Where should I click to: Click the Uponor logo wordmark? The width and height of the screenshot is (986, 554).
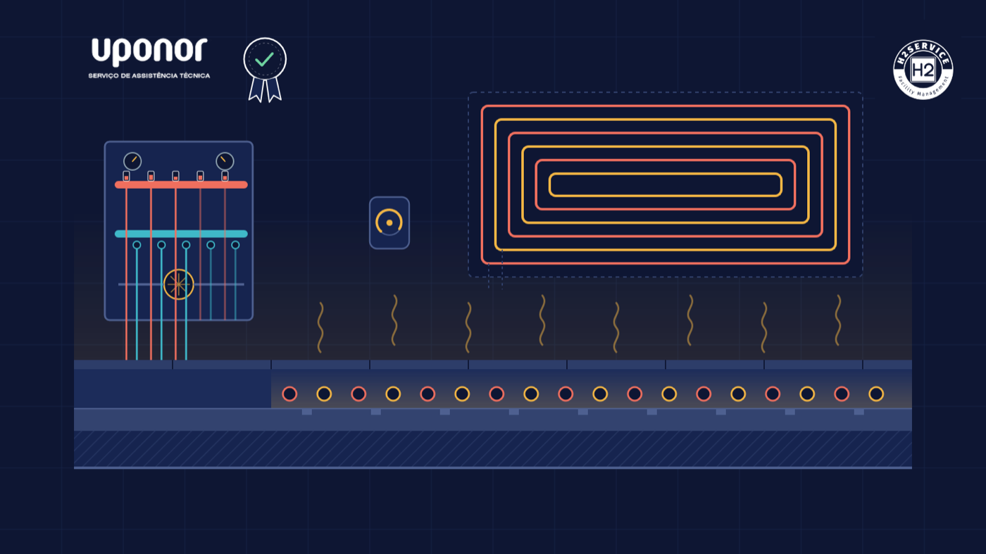point(149,51)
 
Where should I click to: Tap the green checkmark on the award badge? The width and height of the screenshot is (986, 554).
point(265,59)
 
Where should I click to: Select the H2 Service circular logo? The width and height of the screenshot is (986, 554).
point(923,70)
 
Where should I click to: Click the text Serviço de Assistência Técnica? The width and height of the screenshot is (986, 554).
point(149,76)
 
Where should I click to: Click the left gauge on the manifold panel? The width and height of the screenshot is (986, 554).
point(132,161)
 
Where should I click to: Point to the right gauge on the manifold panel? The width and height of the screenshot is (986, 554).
point(225,161)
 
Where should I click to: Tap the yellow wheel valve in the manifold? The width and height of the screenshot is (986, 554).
point(178,284)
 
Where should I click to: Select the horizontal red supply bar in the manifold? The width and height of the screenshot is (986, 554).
point(182,185)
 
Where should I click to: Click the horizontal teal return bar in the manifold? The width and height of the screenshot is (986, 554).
point(182,234)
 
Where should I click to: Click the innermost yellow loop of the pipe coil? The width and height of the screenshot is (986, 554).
point(665,175)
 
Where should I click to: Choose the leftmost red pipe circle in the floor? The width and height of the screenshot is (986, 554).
point(289,394)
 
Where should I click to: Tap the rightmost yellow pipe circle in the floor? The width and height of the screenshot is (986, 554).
point(876,394)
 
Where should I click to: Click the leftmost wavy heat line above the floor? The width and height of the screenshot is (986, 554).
point(320,327)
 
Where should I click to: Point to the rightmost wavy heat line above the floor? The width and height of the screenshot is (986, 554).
point(838,320)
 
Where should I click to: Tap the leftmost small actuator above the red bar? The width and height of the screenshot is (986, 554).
point(126,176)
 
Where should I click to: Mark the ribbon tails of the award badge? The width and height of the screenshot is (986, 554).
point(265,90)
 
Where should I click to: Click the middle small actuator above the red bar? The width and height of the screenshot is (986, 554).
point(175,176)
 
